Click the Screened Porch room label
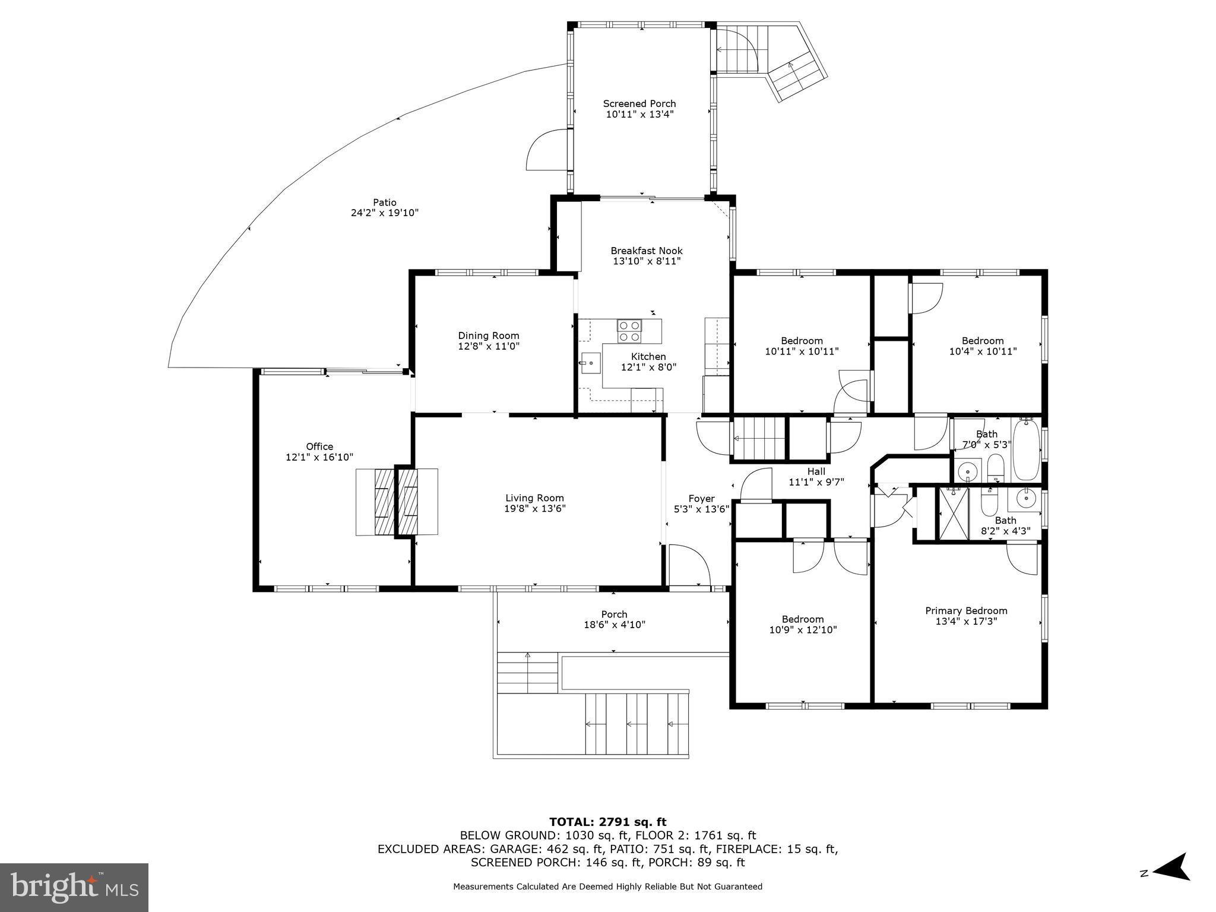tap(639, 104)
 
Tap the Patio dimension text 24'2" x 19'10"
tap(385, 213)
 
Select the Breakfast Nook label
tap(647, 251)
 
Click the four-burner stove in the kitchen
tap(630, 331)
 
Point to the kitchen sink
tap(591, 363)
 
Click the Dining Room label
tap(489, 335)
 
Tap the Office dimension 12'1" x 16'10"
tap(319, 457)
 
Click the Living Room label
tap(534, 498)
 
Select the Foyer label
tap(701, 499)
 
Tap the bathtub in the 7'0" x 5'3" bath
tap(1027, 449)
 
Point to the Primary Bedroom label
tap(966, 610)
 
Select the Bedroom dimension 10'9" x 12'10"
tap(803, 630)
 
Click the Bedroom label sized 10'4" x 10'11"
tap(983, 341)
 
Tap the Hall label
tap(816, 471)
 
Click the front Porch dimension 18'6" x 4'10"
tap(614, 625)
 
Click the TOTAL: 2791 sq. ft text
tap(607, 822)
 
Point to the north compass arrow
tap(1170, 883)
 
